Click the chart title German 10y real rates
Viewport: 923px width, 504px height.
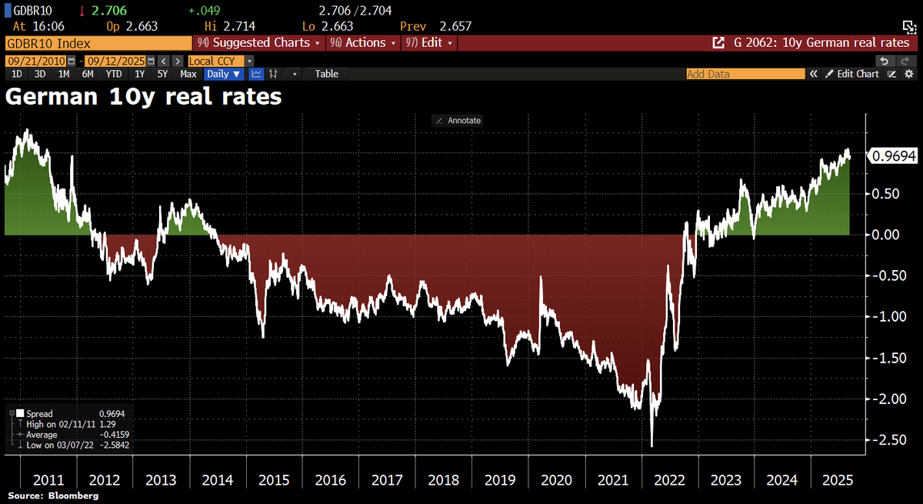click(144, 98)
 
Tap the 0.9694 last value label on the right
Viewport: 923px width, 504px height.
click(892, 156)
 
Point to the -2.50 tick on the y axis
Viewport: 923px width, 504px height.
click(888, 439)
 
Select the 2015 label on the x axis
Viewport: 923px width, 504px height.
click(275, 480)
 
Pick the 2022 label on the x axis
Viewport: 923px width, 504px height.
click(670, 480)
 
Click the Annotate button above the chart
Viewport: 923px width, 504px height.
click(458, 120)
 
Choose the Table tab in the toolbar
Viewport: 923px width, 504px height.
click(326, 74)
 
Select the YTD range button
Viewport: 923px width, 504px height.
click(113, 74)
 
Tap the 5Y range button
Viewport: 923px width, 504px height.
click(162, 74)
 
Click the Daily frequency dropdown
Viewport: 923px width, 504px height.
click(224, 74)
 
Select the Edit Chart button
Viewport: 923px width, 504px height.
click(852, 74)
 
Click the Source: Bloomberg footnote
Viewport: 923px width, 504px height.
click(53, 496)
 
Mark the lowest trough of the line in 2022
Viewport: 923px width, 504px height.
click(652, 446)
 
